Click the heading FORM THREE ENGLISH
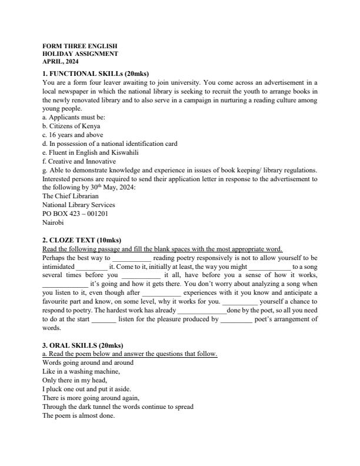[79, 45]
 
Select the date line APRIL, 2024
[61, 61]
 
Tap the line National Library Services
[79, 205]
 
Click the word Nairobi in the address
[52, 222]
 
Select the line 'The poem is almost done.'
[78, 415]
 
